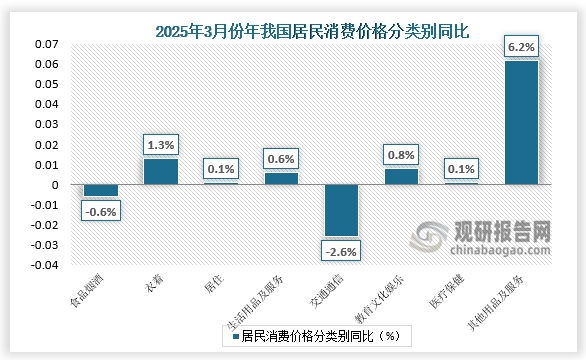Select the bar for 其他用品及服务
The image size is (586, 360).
coord(521,123)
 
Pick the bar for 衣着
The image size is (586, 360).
coord(161,172)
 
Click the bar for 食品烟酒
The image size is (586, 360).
coord(101,190)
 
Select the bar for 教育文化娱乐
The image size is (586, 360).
coord(401,177)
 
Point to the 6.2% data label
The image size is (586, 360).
coord(521,46)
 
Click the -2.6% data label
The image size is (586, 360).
coord(341,250)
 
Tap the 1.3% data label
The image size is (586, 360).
coord(161,145)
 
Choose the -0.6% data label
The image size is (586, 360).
coord(101,210)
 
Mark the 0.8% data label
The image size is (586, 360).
coord(401,155)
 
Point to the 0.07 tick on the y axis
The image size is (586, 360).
coord(48,45)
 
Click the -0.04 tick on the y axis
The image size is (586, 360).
coord(46,265)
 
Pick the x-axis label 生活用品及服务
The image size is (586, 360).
coord(268,301)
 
